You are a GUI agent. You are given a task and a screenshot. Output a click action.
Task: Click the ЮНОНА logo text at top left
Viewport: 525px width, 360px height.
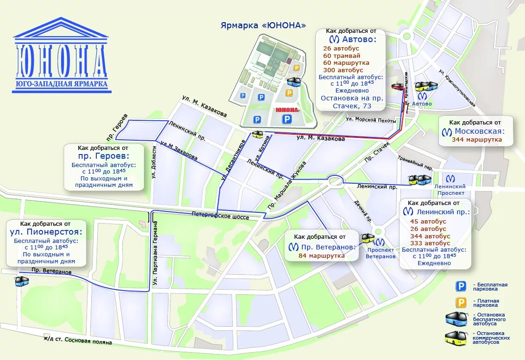[62, 61]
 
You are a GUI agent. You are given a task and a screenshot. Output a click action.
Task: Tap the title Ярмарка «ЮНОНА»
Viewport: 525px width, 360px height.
[263, 25]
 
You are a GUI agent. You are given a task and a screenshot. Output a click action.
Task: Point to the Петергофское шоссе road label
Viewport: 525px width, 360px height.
[220, 216]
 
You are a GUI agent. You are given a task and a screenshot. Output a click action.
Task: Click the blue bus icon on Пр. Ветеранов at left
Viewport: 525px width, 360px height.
[21, 281]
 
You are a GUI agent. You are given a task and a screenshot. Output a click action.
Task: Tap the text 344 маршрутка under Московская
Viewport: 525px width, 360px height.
[477, 139]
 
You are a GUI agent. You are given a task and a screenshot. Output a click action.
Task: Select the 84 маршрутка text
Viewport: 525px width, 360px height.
[322, 255]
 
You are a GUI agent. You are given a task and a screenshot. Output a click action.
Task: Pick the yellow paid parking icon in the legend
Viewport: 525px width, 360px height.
[461, 303]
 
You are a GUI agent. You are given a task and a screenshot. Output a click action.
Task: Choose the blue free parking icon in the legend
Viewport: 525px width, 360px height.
[461, 286]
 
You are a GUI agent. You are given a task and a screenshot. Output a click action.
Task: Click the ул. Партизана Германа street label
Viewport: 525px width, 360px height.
[156, 254]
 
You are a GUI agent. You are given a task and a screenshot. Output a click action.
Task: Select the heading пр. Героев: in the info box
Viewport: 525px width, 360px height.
[104, 156]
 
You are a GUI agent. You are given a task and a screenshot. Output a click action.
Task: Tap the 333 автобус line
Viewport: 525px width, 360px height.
[430, 243]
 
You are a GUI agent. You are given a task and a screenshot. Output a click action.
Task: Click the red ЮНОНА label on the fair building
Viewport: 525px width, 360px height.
[287, 110]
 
